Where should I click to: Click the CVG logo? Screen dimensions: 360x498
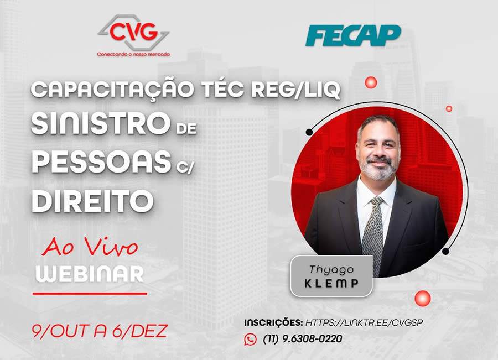[133, 34]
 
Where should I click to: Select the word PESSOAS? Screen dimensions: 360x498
[100, 163]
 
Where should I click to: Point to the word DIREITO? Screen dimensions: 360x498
[92, 201]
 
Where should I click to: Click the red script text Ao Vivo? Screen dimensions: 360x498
[90, 247]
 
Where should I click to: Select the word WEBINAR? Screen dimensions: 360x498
[90, 274]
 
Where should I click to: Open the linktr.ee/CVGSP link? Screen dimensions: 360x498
[367, 322]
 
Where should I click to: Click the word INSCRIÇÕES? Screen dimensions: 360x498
[273, 322]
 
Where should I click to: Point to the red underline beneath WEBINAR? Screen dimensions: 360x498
[90, 293]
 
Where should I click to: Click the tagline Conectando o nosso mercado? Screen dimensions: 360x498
[133, 54]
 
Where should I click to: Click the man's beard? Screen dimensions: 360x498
[377, 169]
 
